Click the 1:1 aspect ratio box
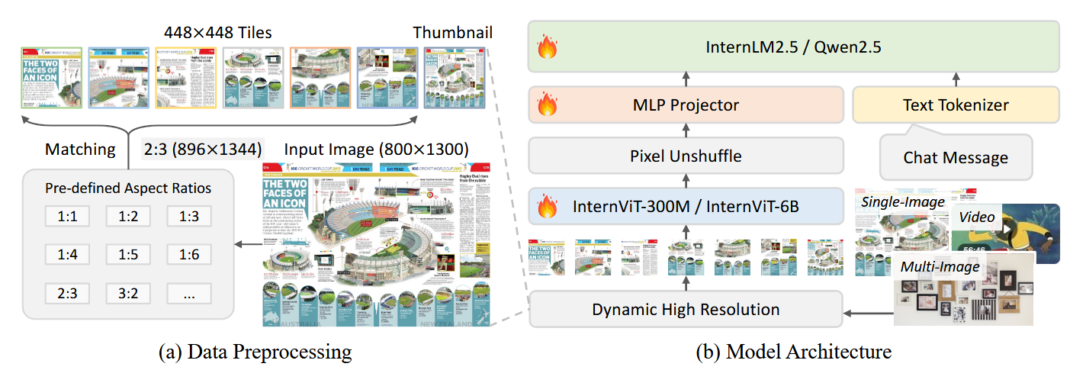[x=68, y=217]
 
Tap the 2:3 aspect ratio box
[x=68, y=292]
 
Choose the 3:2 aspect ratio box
[x=128, y=292]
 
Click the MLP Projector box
[x=686, y=105]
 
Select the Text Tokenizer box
[x=955, y=105]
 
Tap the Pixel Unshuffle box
[x=686, y=156]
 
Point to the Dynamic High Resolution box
[x=686, y=309]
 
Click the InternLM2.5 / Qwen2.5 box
[x=793, y=47]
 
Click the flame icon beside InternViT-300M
[x=548, y=206]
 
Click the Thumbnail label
[x=452, y=33]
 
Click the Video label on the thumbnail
[x=976, y=217]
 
